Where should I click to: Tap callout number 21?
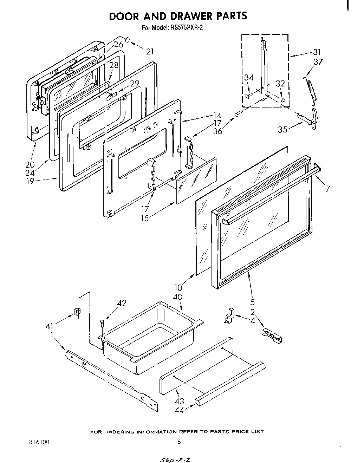[x=150, y=52]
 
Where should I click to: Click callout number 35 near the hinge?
[x=282, y=129]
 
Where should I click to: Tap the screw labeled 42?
[x=102, y=324]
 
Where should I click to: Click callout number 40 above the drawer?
[x=178, y=297]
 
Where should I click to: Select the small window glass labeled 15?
[x=196, y=181]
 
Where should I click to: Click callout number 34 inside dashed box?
[x=249, y=78]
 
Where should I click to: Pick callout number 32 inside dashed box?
[x=280, y=84]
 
